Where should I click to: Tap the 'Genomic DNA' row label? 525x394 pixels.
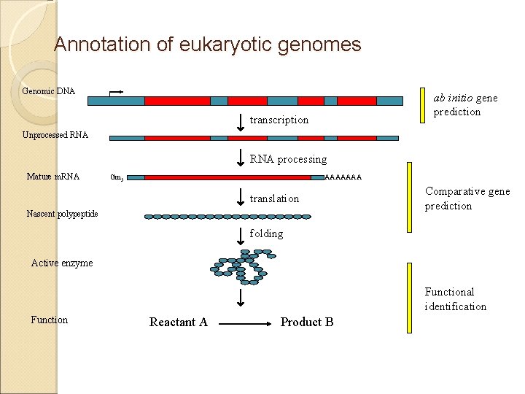click(49, 91)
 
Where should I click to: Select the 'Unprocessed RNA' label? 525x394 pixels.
click(55, 135)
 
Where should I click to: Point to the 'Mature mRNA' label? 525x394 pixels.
click(53, 177)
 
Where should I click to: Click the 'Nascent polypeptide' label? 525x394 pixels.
click(62, 214)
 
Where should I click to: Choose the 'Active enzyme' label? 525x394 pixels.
click(62, 263)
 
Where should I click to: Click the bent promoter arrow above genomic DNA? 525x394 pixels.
click(116, 93)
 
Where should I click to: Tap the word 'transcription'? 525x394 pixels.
click(279, 120)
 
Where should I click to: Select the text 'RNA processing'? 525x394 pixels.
click(288, 159)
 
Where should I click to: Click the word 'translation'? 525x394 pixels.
click(275, 198)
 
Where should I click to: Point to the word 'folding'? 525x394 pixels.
click(267, 233)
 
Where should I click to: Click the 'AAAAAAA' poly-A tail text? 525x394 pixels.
click(343, 177)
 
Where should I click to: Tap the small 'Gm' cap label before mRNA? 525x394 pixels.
click(117, 177)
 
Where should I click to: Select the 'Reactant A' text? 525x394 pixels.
click(179, 322)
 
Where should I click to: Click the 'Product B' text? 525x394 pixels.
click(307, 322)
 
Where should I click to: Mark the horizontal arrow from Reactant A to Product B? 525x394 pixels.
click(245, 324)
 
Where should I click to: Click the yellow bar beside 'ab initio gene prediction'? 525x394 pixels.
click(422, 106)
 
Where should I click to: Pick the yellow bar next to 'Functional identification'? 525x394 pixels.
click(409, 298)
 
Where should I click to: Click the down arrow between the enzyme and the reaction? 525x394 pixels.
click(241, 298)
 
